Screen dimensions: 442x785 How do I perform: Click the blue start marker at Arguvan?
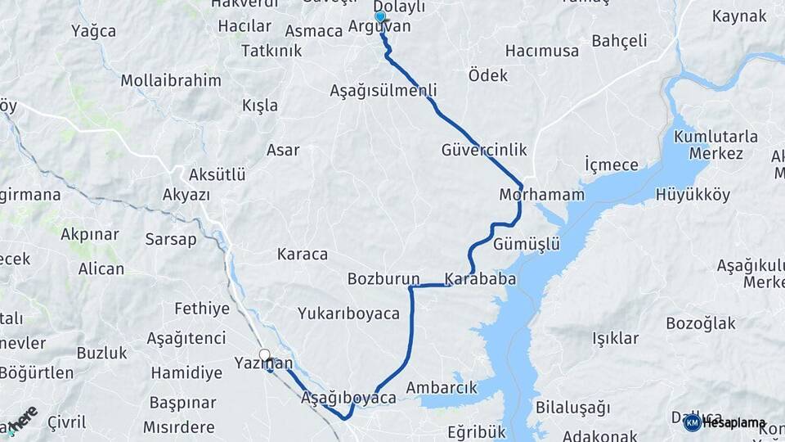(379, 17)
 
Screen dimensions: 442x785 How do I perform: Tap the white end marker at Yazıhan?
(264, 355)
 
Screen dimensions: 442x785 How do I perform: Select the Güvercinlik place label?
(484, 150)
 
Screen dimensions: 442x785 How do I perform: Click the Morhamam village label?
(542, 195)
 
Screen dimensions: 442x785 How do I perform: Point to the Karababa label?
(480, 279)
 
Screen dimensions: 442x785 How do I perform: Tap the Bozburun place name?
(384, 279)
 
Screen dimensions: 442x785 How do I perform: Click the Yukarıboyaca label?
(348, 313)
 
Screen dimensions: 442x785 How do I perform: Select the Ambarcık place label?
(442, 387)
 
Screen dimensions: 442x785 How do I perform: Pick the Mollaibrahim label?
(171, 80)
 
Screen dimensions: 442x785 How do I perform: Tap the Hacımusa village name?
(542, 51)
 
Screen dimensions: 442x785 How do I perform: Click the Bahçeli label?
(619, 41)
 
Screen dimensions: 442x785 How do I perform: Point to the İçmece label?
(612, 165)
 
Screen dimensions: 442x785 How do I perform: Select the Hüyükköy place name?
(693, 195)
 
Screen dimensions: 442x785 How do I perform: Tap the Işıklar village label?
(616, 338)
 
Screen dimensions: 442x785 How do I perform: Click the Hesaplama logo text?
(733, 422)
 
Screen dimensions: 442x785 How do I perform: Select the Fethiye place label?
(202, 309)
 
